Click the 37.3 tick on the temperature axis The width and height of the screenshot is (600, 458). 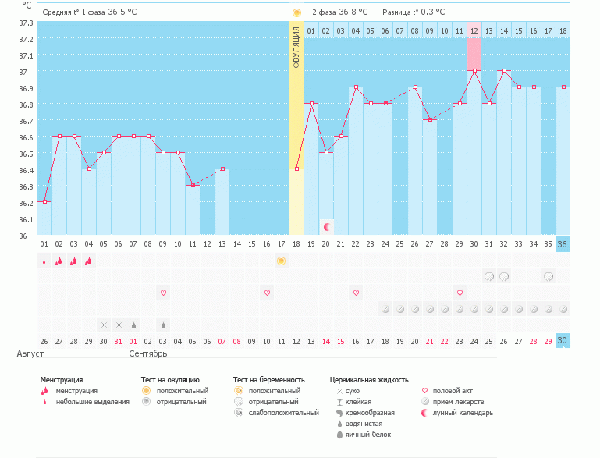(25, 23)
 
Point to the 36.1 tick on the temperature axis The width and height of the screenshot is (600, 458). (25, 219)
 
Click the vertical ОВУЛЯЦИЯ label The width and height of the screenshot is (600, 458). (296, 47)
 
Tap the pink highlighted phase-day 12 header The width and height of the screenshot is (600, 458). (474, 30)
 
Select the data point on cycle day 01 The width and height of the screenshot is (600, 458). (44, 201)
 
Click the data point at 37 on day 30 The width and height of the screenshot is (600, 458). (474, 70)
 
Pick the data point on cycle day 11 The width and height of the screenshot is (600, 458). (193, 185)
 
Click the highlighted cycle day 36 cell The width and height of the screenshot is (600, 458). (563, 243)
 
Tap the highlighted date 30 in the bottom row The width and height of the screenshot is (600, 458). (563, 340)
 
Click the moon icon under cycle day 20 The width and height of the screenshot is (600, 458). (327, 227)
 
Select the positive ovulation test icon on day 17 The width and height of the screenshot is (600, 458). (281, 260)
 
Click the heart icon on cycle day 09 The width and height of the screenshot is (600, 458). (163, 293)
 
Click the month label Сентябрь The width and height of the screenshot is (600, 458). (148, 353)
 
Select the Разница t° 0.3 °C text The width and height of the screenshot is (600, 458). (414, 12)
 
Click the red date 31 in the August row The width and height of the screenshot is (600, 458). (118, 340)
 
